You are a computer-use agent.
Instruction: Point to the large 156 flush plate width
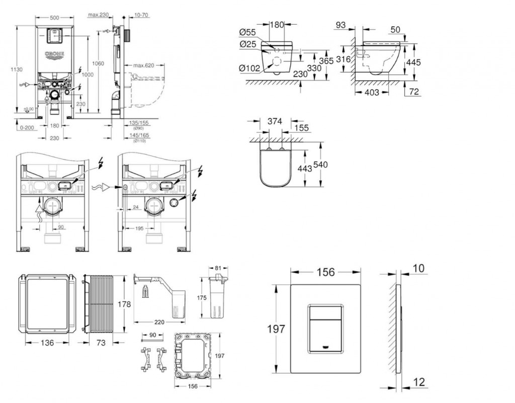[x=325, y=272]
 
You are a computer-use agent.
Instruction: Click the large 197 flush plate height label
[x=276, y=329]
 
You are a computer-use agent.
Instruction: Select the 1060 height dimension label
[x=98, y=63]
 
